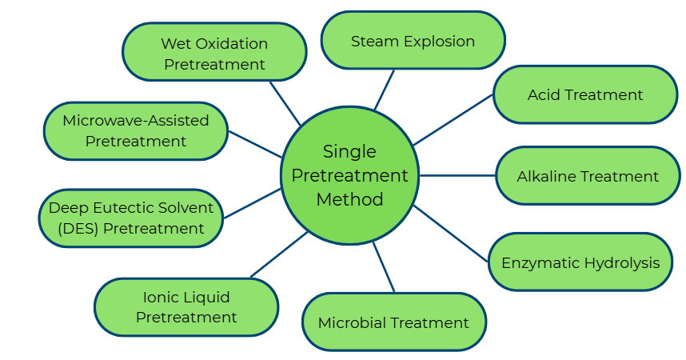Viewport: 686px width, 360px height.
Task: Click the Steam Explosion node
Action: [413, 40]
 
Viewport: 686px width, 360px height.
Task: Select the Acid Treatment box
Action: [585, 94]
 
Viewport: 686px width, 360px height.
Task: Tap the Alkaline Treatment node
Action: [588, 176]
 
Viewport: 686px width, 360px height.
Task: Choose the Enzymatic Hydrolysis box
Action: [580, 262]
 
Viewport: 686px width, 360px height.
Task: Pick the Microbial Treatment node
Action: [394, 322]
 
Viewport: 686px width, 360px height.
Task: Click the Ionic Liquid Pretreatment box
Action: [186, 307]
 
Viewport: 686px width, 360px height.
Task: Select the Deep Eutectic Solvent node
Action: [131, 218]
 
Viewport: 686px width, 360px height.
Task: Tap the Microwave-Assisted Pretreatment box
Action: [136, 131]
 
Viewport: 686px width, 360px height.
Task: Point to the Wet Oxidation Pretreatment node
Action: [214, 52]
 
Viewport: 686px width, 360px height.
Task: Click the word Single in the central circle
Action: [349, 152]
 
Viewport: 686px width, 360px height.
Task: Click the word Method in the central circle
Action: [349, 199]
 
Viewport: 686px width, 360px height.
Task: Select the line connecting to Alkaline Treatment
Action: [457, 176]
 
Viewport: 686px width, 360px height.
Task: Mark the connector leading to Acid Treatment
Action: [453, 119]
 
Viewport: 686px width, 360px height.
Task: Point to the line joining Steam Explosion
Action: [384, 90]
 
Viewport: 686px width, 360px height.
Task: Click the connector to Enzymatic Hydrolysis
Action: [450, 234]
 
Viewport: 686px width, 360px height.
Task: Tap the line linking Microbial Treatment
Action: [383, 266]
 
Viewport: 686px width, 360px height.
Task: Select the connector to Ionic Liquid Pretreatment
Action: [279, 255]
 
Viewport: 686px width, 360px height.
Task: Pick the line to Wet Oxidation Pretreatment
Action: [285, 103]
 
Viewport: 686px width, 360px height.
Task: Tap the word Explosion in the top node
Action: [439, 42]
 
